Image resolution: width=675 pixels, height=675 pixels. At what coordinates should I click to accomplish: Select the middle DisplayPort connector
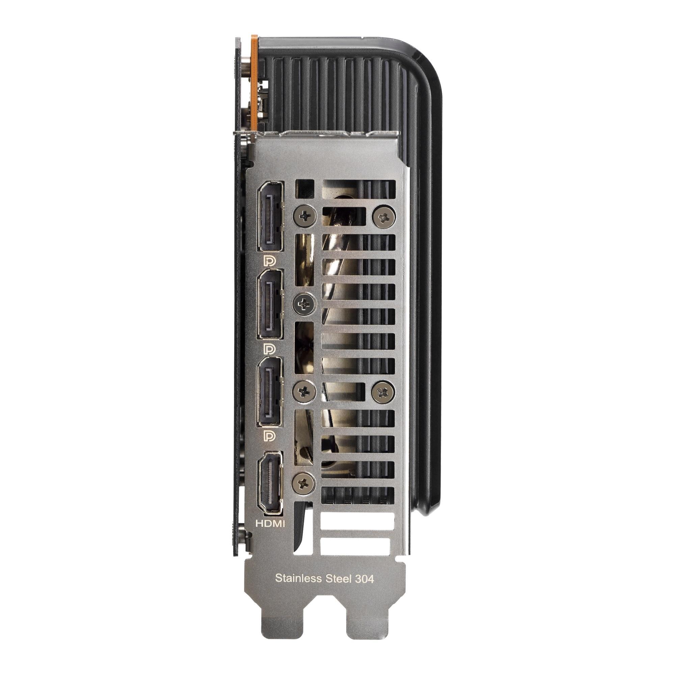coord(270,304)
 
